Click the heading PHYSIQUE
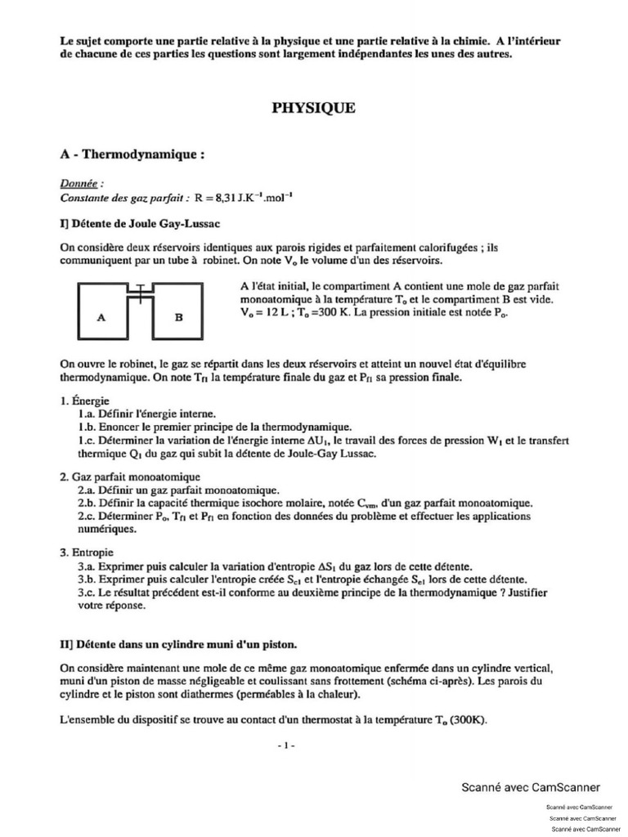314,107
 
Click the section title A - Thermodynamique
131,154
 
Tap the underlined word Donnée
82,184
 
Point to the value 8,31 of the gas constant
222,197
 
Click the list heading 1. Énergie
84,401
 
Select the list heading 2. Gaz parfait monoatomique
130,477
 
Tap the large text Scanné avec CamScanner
531,787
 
